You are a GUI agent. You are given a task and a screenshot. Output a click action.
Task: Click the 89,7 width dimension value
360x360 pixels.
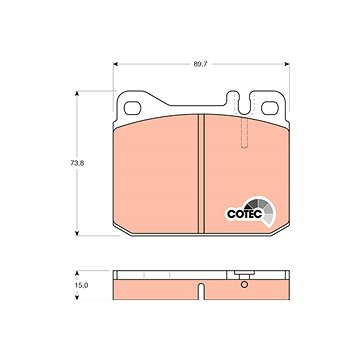(x=200, y=64)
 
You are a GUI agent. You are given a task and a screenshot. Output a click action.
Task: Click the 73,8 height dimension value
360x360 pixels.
(x=77, y=163)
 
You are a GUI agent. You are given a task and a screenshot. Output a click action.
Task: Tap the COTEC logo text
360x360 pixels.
(x=244, y=214)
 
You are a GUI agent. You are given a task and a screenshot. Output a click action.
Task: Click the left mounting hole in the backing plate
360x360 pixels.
(x=132, y=108)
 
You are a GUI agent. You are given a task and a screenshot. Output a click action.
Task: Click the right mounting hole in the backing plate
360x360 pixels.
(x=270, y=108)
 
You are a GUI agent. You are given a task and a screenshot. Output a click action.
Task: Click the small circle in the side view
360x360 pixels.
(x=244, y=284)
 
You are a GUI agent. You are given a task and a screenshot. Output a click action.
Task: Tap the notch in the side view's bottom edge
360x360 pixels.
(x=201, y=291)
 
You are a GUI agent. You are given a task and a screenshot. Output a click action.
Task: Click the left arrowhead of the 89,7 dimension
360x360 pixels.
(x=116, y=64)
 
